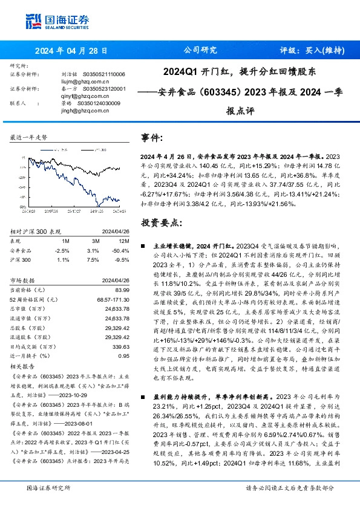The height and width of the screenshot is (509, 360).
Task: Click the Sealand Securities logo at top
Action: click(x=57, y=20)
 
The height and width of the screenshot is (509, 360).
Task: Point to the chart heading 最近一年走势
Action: click(x=29, y=138)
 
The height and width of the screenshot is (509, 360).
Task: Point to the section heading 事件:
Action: click(x=151, y=138)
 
